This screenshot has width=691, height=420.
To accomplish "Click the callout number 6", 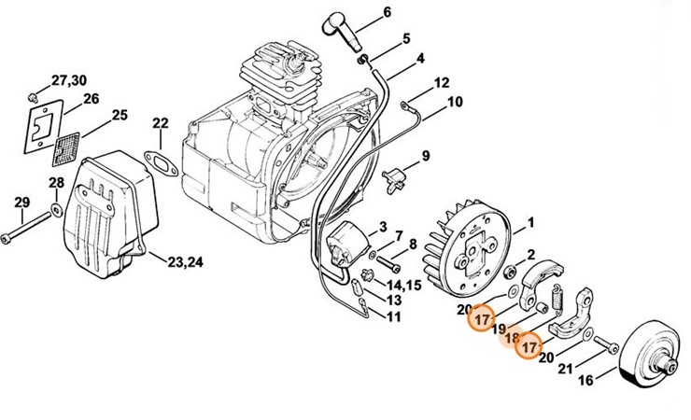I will point(412,13).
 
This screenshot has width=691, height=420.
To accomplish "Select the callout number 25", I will point(120,116).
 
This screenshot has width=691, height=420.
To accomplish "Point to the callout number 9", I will point(426,156).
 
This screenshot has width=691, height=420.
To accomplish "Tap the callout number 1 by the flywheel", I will point(530,222).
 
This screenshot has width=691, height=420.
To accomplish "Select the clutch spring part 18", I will point(557,301).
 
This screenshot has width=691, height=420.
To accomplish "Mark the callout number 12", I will point(442,83).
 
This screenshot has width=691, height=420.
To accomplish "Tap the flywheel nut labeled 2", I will point(513,273).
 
